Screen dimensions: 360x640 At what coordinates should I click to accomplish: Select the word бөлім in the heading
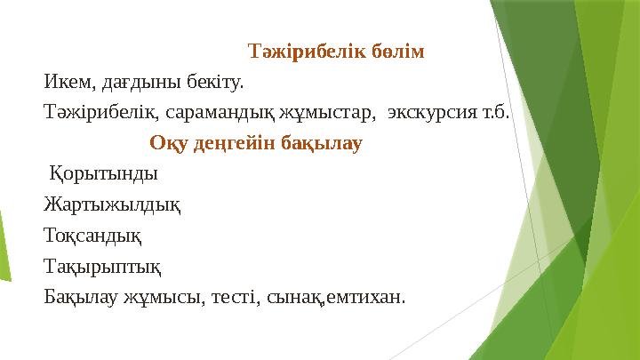point(396,51)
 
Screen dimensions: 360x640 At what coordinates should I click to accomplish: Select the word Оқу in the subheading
point(166,143)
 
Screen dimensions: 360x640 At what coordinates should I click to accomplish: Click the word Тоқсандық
point(92,236)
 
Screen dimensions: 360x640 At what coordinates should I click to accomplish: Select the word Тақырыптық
point(102,266)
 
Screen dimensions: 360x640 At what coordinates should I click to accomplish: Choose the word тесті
point(232,296)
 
